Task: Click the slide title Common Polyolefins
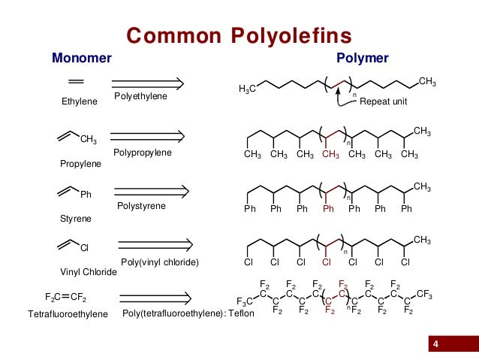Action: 239,35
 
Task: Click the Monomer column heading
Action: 81,58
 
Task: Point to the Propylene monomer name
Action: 80,163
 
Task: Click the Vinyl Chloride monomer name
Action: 89,272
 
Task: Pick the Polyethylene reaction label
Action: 141,97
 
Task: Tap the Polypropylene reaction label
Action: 143,153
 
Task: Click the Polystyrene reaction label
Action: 141,206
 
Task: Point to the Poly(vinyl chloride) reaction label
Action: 159,262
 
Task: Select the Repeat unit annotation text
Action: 384,101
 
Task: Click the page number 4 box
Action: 436,344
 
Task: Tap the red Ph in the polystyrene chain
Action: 328,209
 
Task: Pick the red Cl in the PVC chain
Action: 327,262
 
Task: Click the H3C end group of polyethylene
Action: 247,89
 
